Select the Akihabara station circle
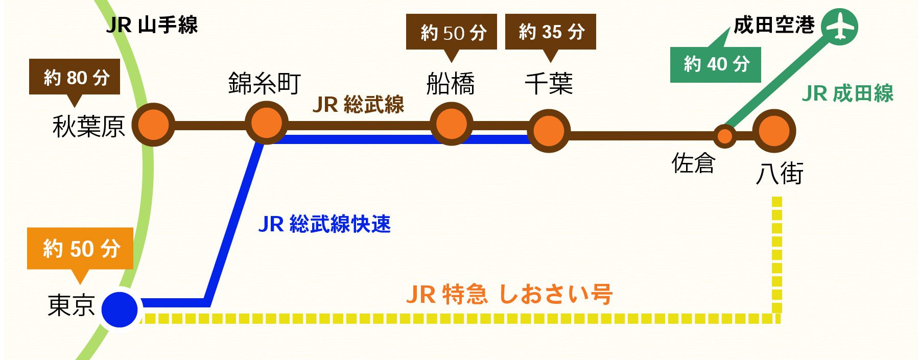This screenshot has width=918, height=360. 153,125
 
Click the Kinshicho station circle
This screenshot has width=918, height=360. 266,123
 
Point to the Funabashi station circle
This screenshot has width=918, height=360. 451,124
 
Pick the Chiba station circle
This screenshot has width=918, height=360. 548,131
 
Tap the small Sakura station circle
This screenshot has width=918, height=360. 724,136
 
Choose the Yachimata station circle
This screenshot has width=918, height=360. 774,131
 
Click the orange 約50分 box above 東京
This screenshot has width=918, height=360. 80,249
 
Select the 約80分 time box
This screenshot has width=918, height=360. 75,77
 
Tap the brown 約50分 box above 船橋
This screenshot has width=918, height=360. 451,32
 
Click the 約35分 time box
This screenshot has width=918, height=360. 550,32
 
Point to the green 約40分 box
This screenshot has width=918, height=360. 715,64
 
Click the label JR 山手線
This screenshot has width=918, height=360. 152,25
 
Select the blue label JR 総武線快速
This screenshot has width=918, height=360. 324,224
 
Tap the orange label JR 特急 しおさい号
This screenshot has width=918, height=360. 509,294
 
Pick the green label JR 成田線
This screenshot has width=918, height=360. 847,93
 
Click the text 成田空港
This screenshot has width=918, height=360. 773,25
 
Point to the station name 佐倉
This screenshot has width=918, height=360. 693,163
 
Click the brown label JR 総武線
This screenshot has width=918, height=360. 358,105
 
